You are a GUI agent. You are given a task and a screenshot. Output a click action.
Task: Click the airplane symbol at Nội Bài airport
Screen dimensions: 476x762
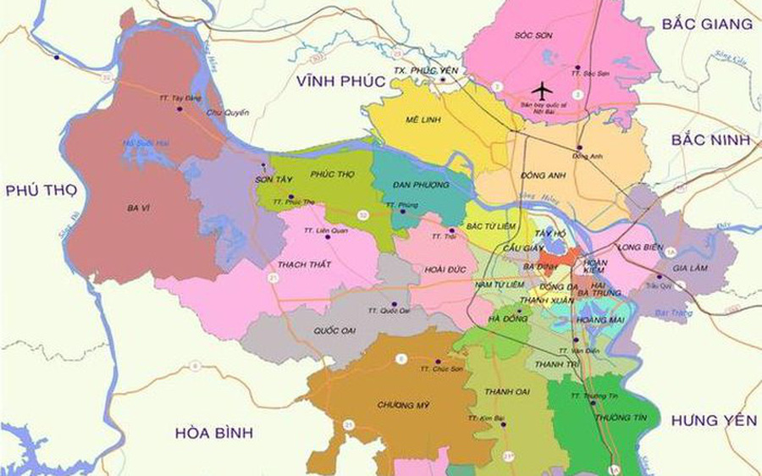pos(541,89)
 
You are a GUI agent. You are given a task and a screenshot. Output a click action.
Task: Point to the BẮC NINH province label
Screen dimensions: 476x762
pos(710,140)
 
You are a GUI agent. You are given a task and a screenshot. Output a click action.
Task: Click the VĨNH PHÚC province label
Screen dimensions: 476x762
pos(340,81)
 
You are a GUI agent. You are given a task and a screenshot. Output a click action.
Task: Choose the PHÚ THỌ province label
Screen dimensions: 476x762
pos(41,191)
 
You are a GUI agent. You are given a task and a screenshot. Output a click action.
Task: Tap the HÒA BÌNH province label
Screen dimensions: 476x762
pos(214,433)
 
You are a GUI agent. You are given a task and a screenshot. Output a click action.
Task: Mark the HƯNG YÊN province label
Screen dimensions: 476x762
pos(714,420)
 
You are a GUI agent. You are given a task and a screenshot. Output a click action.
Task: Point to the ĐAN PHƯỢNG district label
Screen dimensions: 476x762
pos(415,185)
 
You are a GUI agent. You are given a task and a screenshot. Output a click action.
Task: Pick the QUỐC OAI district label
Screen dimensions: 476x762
pos(334,329)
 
